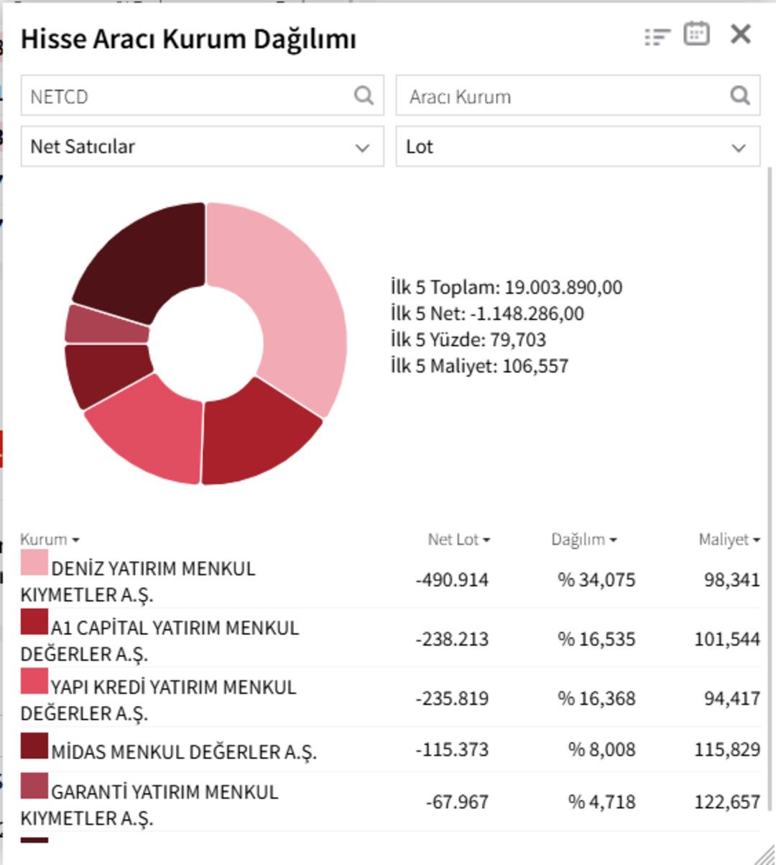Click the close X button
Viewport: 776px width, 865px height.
(740, 34)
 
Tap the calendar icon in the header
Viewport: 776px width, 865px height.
(696, 34)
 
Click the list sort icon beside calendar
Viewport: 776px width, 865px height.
(657, 36)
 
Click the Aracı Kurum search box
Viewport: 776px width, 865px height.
(564, 96)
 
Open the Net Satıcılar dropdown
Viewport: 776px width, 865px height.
(202, 147)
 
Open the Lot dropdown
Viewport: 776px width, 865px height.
(578, 147)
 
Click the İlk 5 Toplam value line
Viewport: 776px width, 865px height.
(507, 288)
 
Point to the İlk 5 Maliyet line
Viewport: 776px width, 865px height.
(479, 366)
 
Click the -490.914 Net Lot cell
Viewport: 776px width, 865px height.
(452, 580)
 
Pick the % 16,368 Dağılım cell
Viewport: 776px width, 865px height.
(596, 698)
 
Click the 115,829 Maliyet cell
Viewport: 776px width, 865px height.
(727, 749)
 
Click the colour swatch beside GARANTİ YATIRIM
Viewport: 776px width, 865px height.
(34, 786)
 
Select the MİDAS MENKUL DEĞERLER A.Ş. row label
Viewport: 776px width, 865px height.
(183, 752)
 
